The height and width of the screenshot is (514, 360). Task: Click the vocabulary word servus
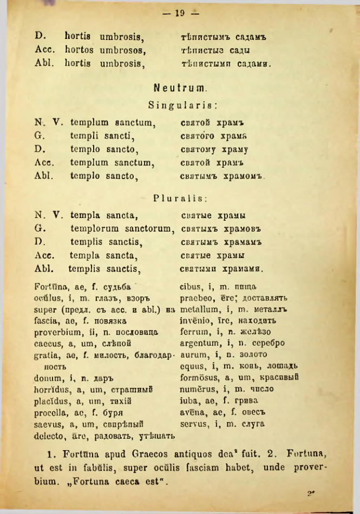[x=193, y=425]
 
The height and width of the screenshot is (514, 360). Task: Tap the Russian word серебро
[x=266, y=344]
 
